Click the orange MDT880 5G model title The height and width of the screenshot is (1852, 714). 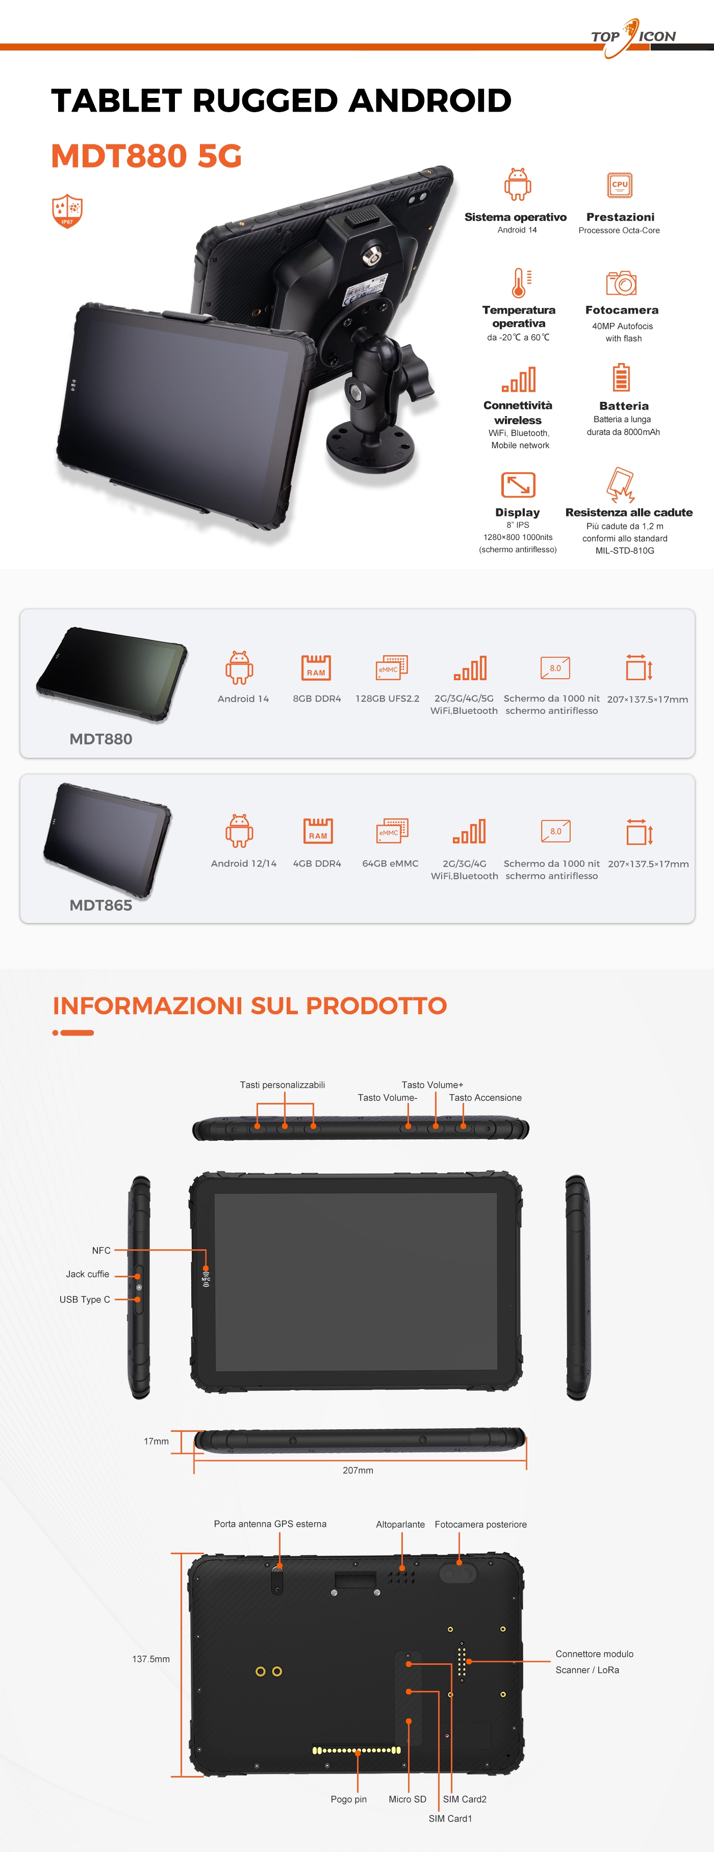[x=146, y=156]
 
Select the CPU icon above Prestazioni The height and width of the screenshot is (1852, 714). [x=619, y=185]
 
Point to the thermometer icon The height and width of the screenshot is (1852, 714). [x=519, y=282]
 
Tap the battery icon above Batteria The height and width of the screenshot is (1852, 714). [x=621, y=377]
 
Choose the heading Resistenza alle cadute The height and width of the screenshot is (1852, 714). [x=629, y=512]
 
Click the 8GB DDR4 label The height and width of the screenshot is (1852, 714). [x=317, y=699]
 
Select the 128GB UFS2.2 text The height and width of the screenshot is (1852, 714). [x=388, y=699]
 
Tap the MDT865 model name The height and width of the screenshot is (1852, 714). [x=100, y=905]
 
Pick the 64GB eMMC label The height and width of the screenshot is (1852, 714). [x=391, y=863]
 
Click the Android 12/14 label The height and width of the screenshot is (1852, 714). [x=244, y=863]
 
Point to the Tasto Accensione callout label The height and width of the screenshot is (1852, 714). [x=486, y=1098]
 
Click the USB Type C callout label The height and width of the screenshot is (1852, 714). [x=85, y=1300]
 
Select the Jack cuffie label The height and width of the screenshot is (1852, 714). [x=88, y=1274]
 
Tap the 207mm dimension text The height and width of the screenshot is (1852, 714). [x=358, y=1470]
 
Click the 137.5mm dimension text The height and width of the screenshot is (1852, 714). [x=151, y=1659]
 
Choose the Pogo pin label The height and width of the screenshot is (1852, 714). [x=349, y=1799]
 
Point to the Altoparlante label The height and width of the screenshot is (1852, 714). [x=400, y=1524]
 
